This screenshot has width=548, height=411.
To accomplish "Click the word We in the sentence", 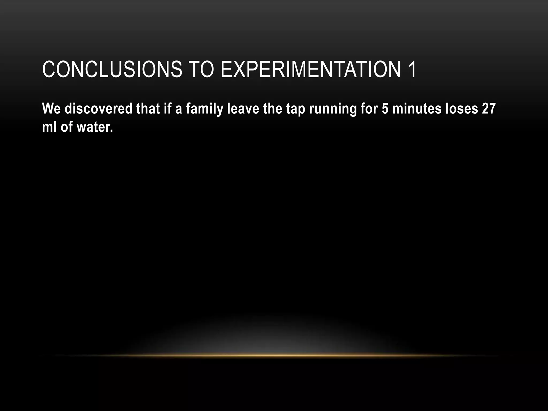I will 51,109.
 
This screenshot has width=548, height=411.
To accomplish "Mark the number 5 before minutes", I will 385,109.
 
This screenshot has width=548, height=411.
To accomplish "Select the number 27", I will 488,109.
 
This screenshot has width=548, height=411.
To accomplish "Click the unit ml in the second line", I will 49,127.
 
